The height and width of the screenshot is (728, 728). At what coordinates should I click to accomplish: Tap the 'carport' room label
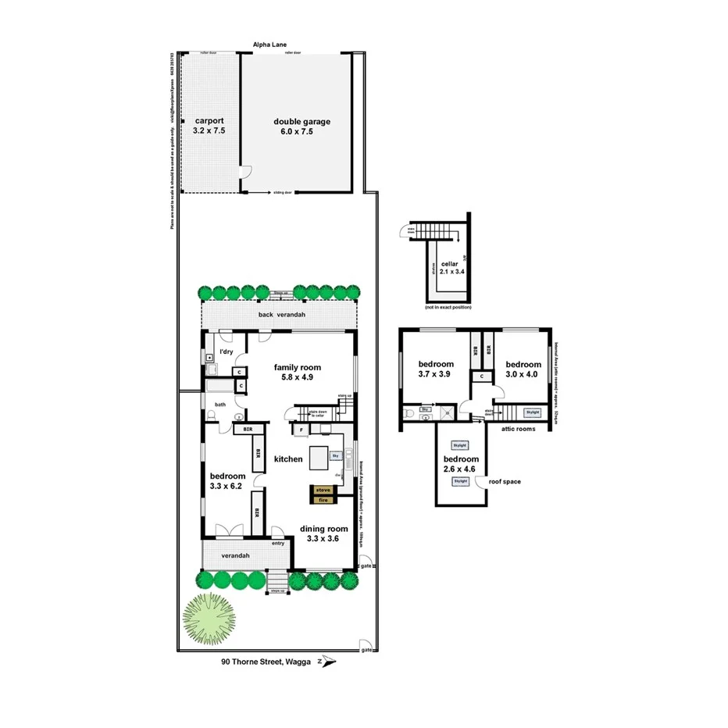point(209,121)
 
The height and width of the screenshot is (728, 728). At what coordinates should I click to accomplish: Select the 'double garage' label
point(302,122)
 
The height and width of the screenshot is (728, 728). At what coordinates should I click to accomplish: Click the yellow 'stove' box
point(323,490)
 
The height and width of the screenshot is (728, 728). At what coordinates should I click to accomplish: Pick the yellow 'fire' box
point(323,498)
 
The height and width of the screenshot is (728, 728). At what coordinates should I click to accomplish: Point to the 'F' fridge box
point(301,430)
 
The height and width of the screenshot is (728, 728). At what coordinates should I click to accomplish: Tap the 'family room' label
point(296,367)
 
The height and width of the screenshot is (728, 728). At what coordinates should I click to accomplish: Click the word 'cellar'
point(449,265)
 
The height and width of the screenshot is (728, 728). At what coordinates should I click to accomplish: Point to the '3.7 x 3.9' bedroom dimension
point(436,374)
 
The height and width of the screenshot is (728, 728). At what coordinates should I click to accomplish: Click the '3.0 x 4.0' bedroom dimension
point(523,374)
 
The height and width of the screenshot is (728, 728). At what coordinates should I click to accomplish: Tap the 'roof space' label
point(504,482)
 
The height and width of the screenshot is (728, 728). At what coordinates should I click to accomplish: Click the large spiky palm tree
point(209,619)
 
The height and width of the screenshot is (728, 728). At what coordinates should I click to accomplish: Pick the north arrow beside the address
point(328,662)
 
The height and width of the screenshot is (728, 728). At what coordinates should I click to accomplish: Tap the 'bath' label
point(220,404)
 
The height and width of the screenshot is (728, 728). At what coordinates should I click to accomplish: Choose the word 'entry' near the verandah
point(277,544)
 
